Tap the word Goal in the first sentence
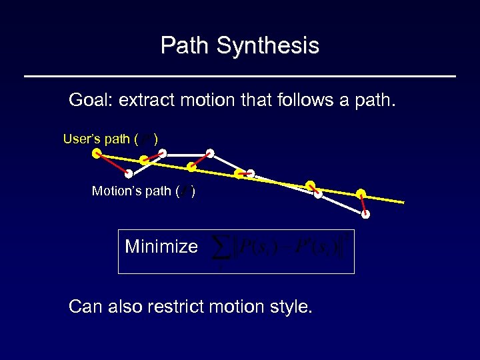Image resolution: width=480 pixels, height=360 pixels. tap(89, 101)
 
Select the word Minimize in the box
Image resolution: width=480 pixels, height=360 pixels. tap(161, 247)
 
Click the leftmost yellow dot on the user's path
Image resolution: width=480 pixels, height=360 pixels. tap(97, 153)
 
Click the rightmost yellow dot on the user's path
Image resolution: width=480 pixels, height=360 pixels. tap(361, 193)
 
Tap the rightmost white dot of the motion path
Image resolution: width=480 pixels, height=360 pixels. tap(365, 215)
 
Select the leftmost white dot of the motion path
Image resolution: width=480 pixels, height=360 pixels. tap(128, 174)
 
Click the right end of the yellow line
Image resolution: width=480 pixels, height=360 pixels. tap(403, 202)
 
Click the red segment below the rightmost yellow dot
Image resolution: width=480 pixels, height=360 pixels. tap(363, 204)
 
